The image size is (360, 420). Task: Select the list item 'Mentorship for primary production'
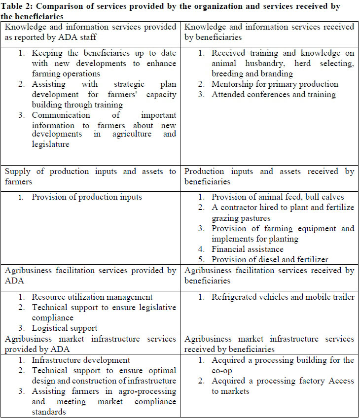click(275, 84)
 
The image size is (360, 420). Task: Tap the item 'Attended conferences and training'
click(274, 95)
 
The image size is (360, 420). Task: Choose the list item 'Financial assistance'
click(248, 249)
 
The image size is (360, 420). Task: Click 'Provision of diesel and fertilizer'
click(270, 259)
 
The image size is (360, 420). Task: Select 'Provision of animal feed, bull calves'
click(278, 197)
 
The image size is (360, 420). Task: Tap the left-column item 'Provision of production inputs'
click(87, 197)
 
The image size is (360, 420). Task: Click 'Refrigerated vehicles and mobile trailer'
click(283, 297)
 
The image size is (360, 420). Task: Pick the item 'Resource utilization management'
click(92, 297)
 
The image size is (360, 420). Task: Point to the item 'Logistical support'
click(65, 328)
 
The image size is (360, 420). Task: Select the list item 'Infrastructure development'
click(81, 360)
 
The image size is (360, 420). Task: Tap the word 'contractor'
click(243, 208)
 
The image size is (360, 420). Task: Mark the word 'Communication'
click(61, 115)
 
